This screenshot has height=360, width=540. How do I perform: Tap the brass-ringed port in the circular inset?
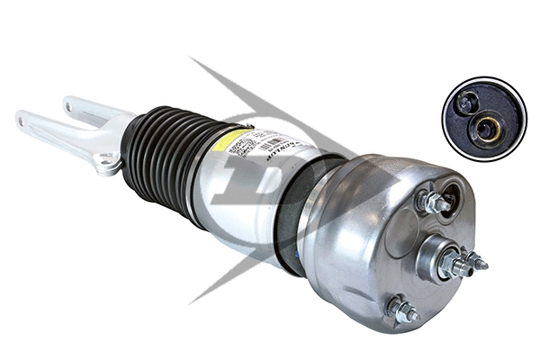click(x=490, y=128)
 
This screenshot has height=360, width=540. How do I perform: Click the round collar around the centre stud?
click(x=430, y=256)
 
